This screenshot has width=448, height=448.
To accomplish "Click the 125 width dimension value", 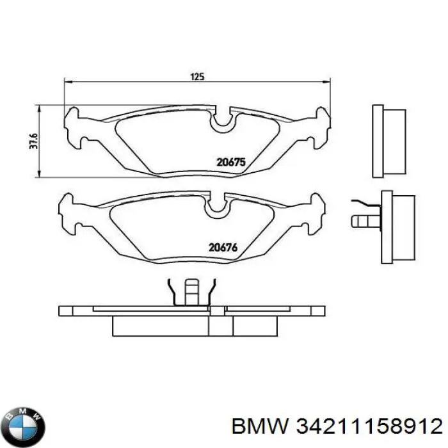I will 196,77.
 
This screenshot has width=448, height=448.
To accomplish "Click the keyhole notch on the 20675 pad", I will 223,120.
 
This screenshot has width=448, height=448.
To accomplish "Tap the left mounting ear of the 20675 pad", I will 76,127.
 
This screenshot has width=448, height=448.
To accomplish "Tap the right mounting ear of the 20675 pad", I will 321,127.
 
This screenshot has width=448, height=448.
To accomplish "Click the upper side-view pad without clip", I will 388,141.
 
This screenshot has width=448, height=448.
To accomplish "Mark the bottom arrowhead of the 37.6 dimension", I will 41,175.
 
